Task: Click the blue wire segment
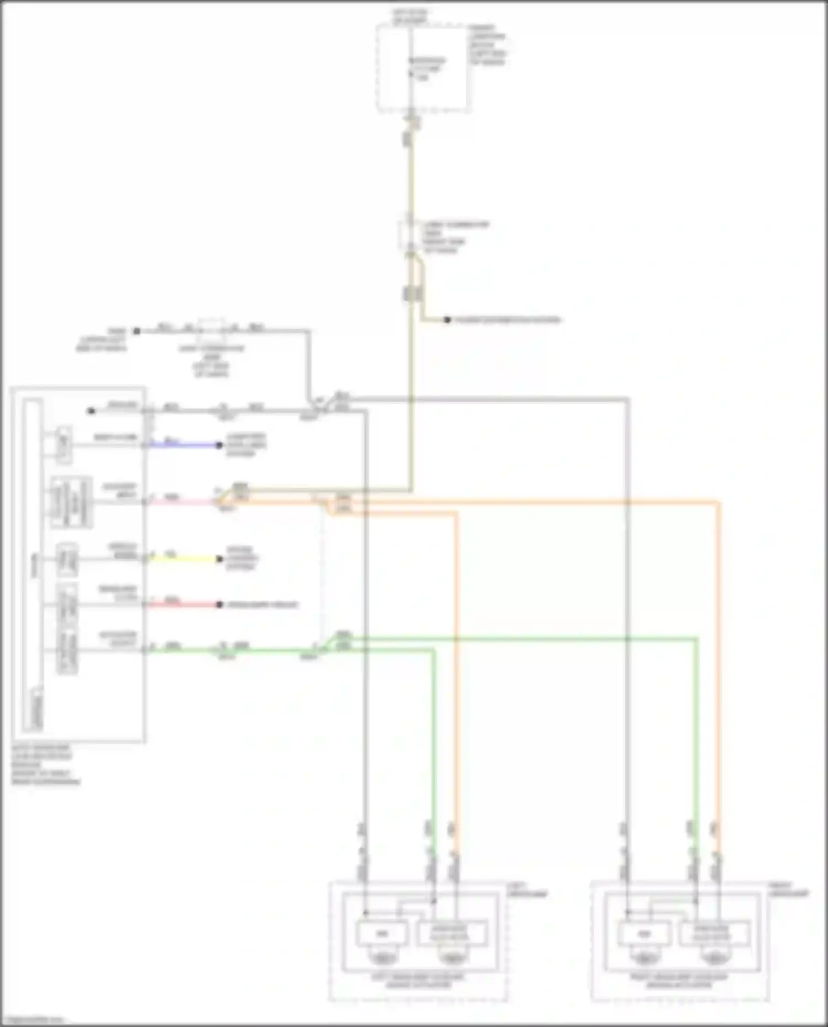point(185,445)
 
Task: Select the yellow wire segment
point(185,558)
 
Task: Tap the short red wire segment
point(185,604)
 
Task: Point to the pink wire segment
point(182,502)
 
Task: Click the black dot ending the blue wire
point(220,445)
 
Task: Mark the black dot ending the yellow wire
point(220,558)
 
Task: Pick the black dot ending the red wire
point(220,604)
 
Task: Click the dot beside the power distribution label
point(447,320)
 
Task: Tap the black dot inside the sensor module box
point(92,411)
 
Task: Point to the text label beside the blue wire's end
point(246,445)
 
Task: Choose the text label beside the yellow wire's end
point(242,558)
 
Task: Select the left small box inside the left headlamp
point(382,934)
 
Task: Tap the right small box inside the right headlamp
point(714,934)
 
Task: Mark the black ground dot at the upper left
point(136,331)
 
